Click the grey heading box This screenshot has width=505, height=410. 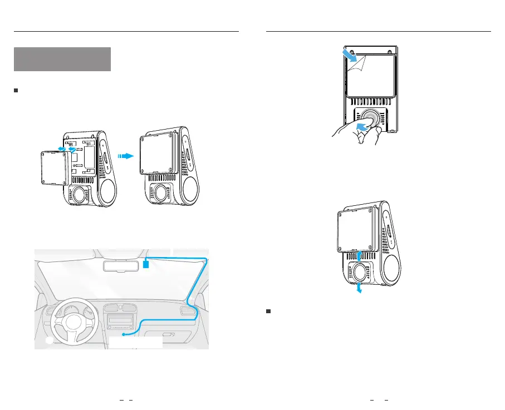click(63, 59)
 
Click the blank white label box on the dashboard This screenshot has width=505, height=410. click(136, 341)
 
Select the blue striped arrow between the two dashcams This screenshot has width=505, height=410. click(127, 157)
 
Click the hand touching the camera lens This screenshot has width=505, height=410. click(350, 134)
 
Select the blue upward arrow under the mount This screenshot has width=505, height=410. click(360, 255)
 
